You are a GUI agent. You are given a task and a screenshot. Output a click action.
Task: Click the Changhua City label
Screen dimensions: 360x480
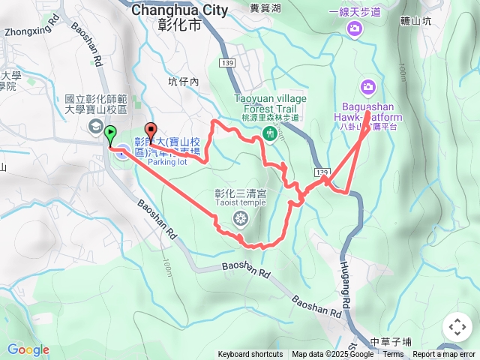tap(179, 10)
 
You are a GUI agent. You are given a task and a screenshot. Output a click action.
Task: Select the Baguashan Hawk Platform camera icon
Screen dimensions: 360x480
tap(367, 87)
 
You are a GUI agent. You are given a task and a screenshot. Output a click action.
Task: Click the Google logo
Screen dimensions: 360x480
tap(28, 349)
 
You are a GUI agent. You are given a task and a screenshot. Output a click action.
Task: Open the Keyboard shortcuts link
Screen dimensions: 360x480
tap(250, 355)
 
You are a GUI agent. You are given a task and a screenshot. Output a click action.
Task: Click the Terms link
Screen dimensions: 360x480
tap(393, 355)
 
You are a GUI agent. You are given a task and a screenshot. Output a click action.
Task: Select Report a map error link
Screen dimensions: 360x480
tap(445, 355)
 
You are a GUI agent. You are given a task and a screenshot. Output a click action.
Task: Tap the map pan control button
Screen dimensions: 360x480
tap(457, 327)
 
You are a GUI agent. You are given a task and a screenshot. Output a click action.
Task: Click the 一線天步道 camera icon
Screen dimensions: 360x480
tap(354, 28)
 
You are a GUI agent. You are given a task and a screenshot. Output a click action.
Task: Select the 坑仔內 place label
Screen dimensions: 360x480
tap(183, 82)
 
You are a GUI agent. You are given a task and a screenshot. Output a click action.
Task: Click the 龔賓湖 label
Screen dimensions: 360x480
tap(265, 9)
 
